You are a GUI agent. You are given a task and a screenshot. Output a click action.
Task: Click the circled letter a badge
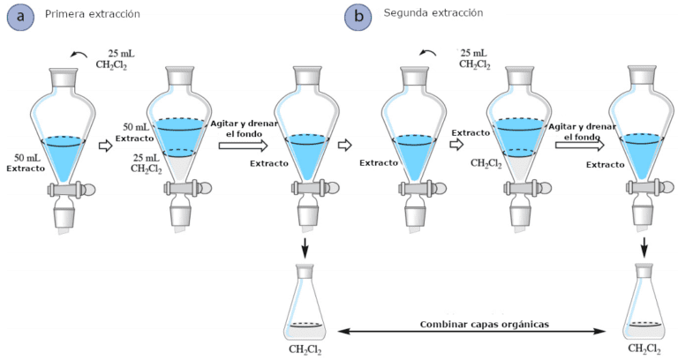[x=21, y=17]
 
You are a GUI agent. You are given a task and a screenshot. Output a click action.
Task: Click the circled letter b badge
[x=358, y=17]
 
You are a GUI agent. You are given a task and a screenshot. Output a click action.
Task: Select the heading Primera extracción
[x=92, y=14]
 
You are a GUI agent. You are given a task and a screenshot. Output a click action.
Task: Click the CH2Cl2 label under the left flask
[x=305, y=349]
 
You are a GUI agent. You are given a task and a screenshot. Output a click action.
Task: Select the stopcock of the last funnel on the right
[x=644, y=188]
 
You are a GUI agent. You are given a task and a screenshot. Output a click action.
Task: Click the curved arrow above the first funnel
[x=79, y=56]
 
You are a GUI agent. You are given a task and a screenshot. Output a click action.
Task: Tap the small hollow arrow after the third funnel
[x=346, y=145]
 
